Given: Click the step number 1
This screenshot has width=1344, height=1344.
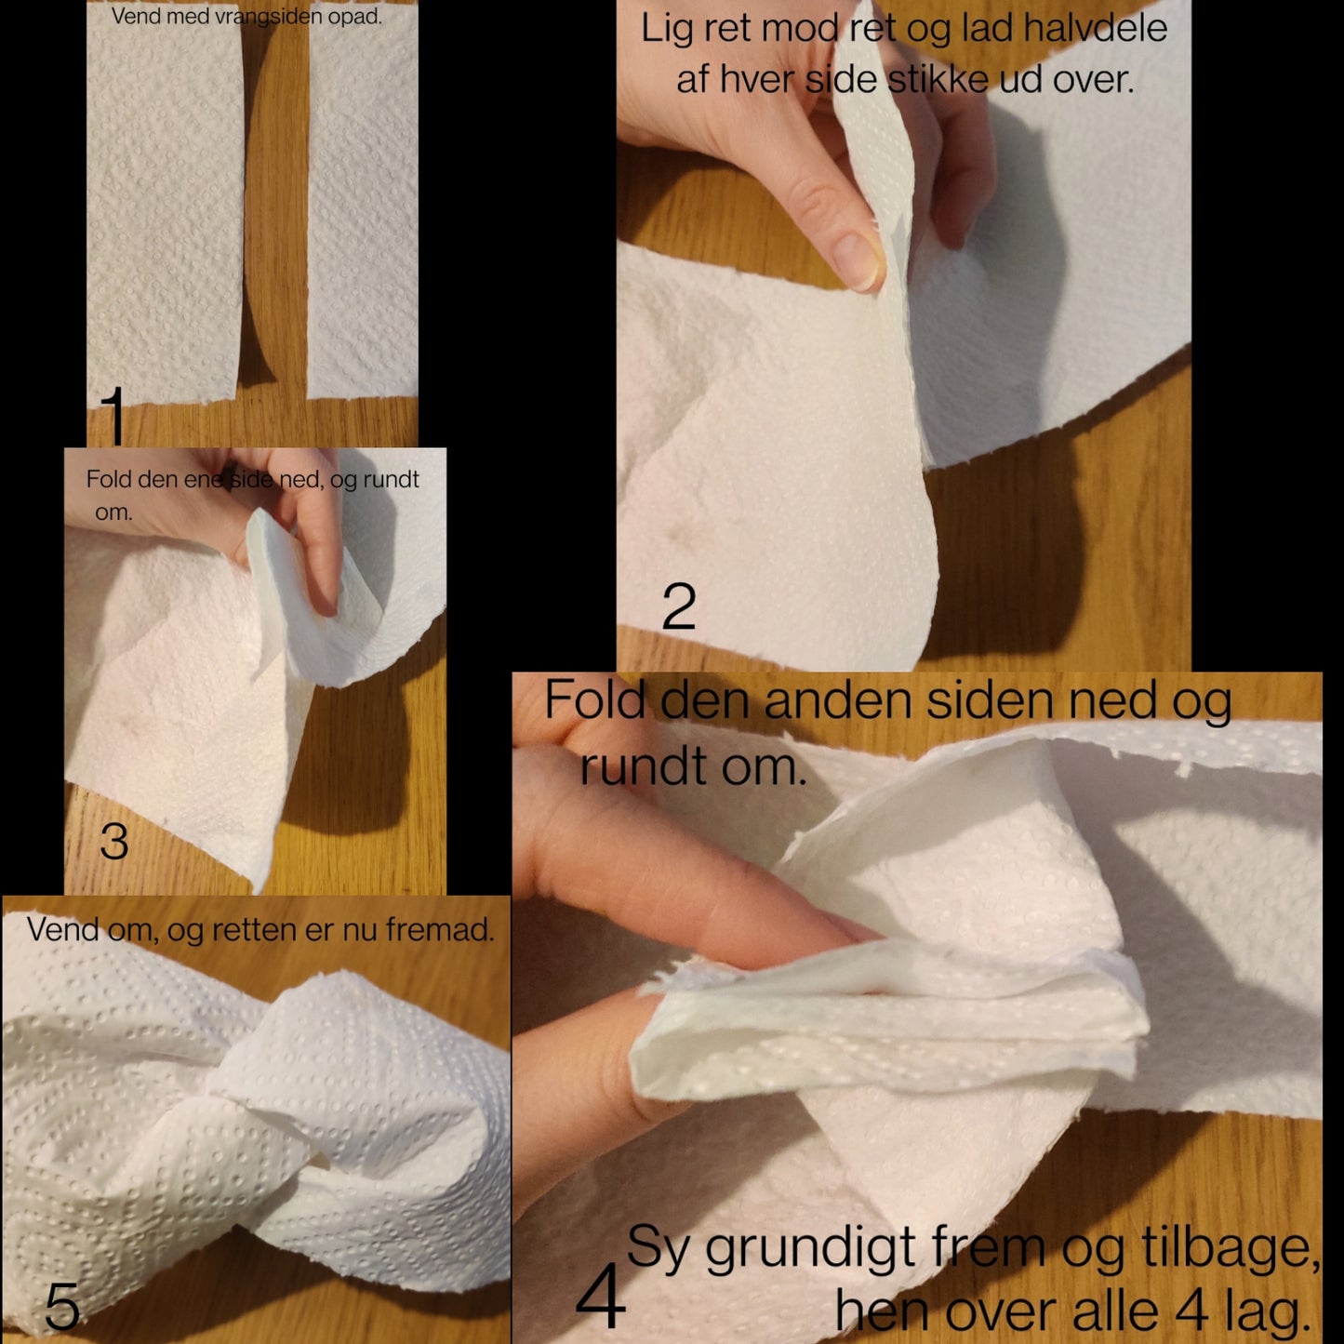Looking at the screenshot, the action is (113, 417).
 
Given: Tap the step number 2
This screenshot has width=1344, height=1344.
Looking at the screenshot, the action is (679, 606).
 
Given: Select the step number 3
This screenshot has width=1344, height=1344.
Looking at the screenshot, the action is (114, 841).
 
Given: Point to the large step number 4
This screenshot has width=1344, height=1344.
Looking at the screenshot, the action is (600, 1296).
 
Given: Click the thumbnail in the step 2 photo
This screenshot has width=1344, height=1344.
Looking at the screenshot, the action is (858, 261).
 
